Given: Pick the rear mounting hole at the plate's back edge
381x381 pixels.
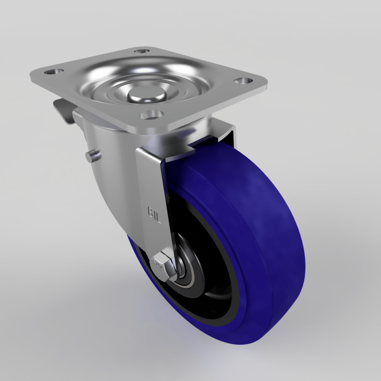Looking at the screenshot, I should pos(142,51).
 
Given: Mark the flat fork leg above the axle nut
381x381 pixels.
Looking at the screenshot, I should pos(152,190).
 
